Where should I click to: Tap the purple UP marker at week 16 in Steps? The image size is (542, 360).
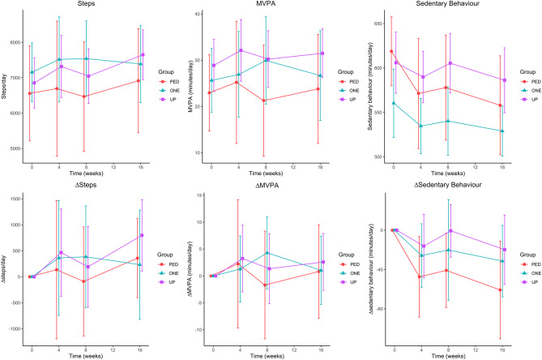143,55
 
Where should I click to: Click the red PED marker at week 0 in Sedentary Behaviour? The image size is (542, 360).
391,51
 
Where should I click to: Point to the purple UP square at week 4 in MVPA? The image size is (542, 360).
241,50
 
